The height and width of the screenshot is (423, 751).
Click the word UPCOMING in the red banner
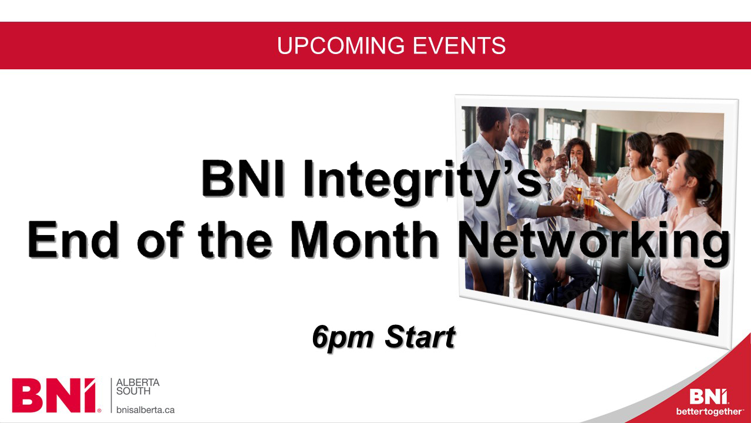point(341,46)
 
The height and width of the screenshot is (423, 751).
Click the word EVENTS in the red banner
point(459,46)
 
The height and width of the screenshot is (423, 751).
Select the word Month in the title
point(364,239)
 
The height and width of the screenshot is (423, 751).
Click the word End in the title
point(72,239)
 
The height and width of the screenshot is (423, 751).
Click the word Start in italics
point(420,336)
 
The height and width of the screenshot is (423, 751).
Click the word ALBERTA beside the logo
point(138,382)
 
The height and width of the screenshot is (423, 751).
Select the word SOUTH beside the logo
point(133,391)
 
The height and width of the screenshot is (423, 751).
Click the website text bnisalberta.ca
point(145,410)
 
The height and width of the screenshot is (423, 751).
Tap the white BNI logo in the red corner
point(709,397)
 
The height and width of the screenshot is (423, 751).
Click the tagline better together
point(710,411)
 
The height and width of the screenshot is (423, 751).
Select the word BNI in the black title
point(243,178)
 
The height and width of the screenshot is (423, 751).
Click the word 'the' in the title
point(235,239)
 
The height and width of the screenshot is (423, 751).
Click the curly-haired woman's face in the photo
point(577,155)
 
